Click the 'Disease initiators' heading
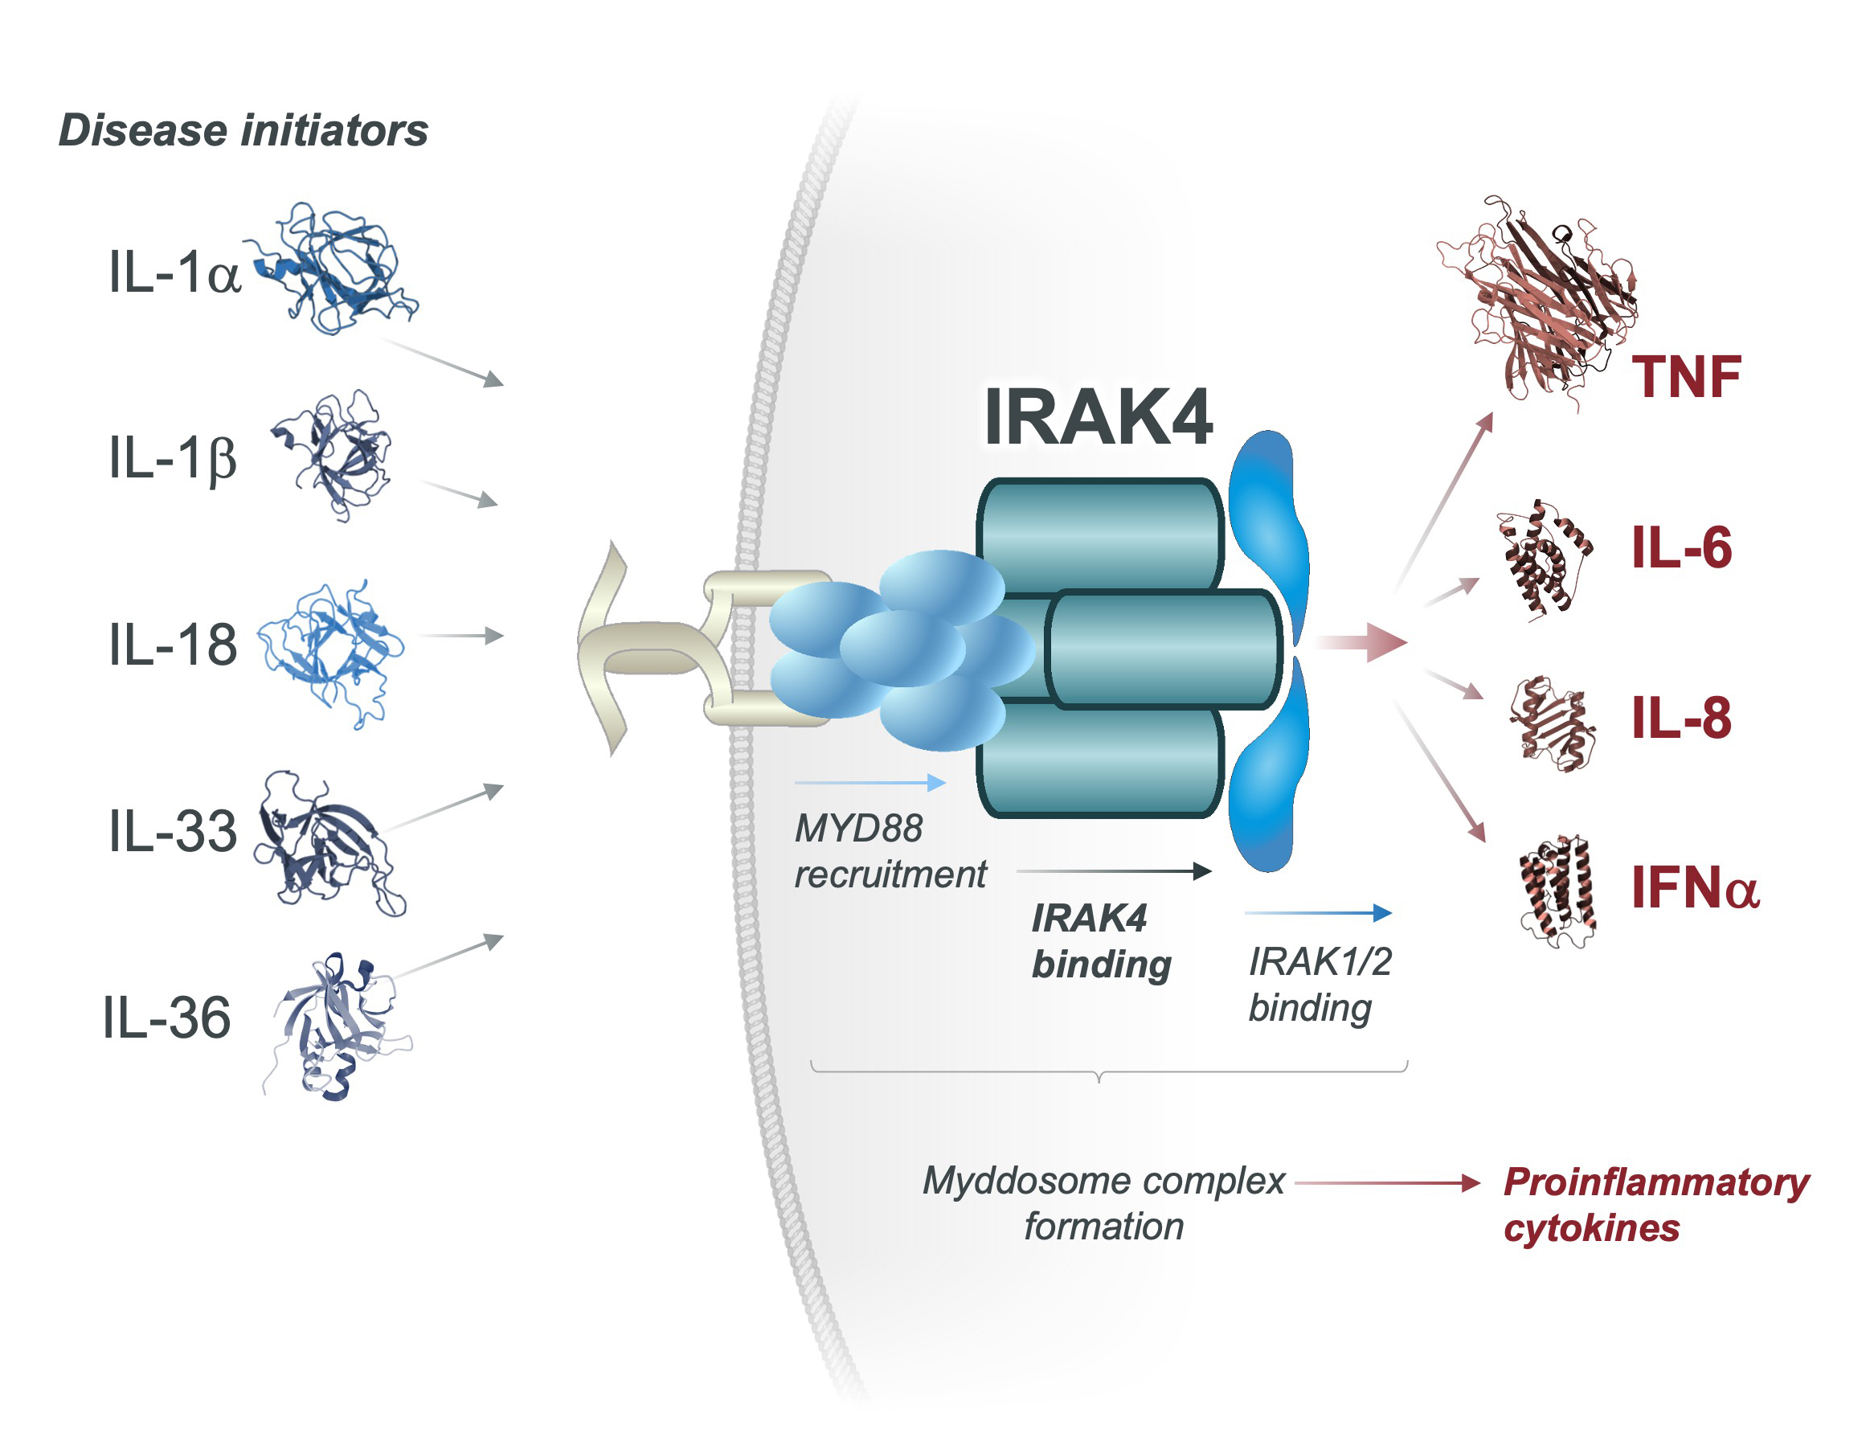coord(243,131)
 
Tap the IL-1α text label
coord(174,273)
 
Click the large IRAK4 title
coord(1098,418)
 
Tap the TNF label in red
coord(1685,377)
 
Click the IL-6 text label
coord(1681,547)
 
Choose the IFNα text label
coord(1694,887)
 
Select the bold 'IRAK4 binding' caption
coord(1101,941)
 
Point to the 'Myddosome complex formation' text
coord(1103,1203)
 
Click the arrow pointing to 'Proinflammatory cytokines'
coord(1387,1182)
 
